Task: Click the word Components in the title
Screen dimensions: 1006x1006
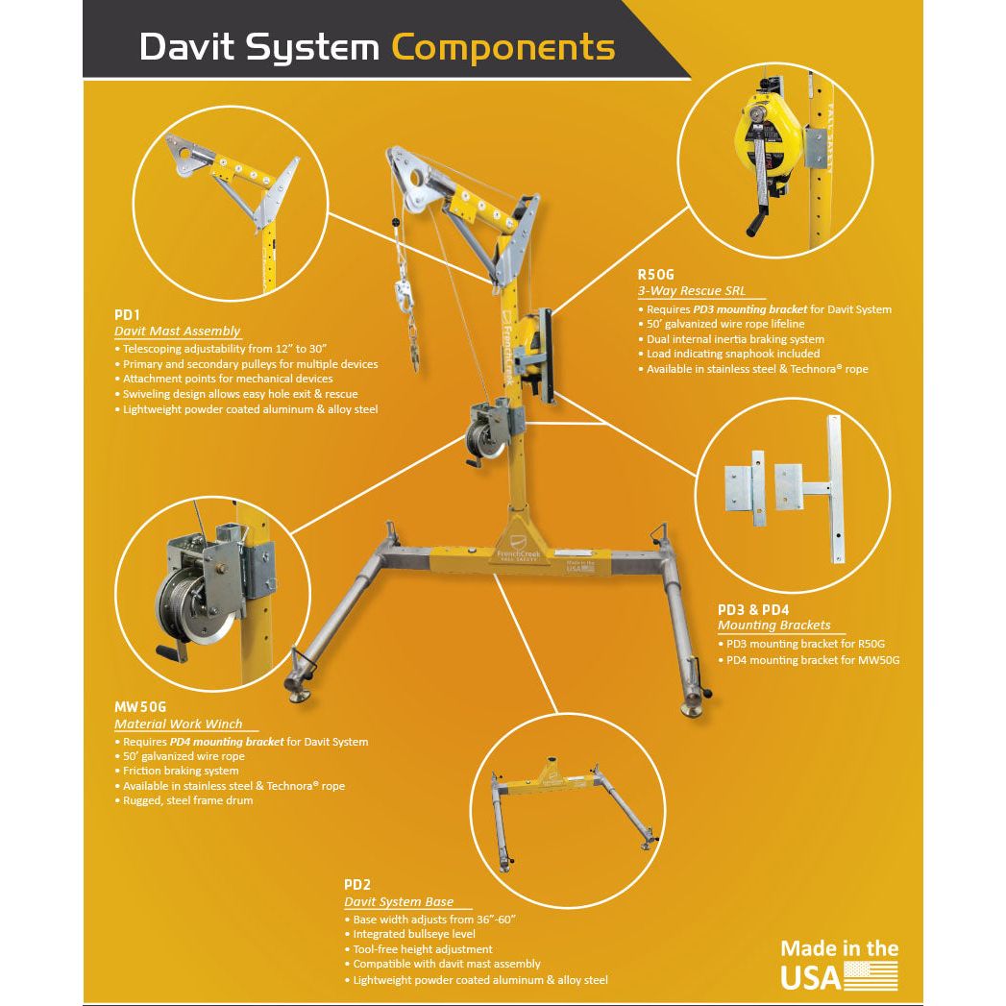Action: (x=503, y=47)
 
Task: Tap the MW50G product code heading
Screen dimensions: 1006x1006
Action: (x=140, y=706)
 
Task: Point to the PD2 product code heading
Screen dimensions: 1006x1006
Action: (x=357, y=884)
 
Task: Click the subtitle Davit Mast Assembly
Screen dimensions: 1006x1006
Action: (x=177, y=331)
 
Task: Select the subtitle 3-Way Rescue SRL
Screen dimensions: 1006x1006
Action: (x=691, y=291)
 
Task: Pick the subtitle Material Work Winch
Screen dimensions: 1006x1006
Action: (x=178, y=724)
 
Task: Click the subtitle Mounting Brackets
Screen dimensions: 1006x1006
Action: (x=773, y=625)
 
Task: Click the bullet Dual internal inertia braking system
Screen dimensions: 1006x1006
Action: (x=735, y=339)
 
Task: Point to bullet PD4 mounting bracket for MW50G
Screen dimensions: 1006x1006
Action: (x=812, y=660)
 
